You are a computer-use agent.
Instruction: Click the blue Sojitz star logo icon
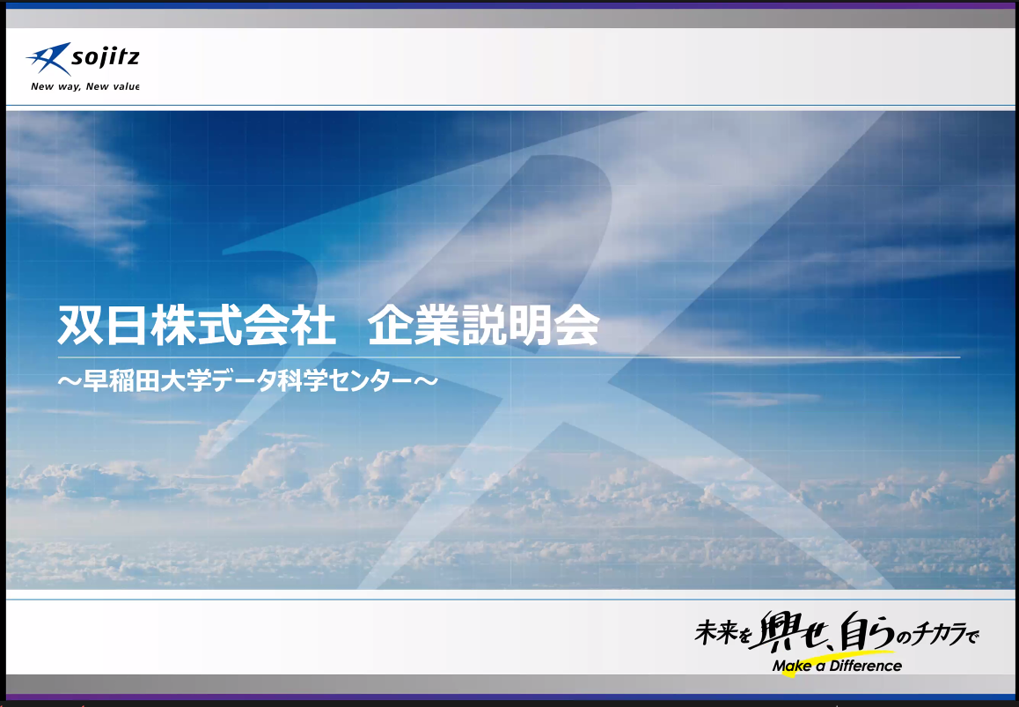coord(48,58)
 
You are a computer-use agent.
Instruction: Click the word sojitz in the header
coord(106,58)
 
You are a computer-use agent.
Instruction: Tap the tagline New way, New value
coord(84,86)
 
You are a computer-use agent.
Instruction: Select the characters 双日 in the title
coord(100,325)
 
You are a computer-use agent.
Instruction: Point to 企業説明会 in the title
coord(483,325)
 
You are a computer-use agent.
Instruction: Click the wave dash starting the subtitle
coord(70,381)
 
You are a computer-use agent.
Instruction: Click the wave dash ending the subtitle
coord(426,381)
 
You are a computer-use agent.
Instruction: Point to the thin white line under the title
coord(509,357)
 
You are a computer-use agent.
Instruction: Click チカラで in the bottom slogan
coord(947,634)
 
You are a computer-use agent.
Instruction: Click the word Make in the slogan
coord(792,666)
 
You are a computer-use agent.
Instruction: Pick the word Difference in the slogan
coord(866,666)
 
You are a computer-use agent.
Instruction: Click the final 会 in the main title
coord(577,325)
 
